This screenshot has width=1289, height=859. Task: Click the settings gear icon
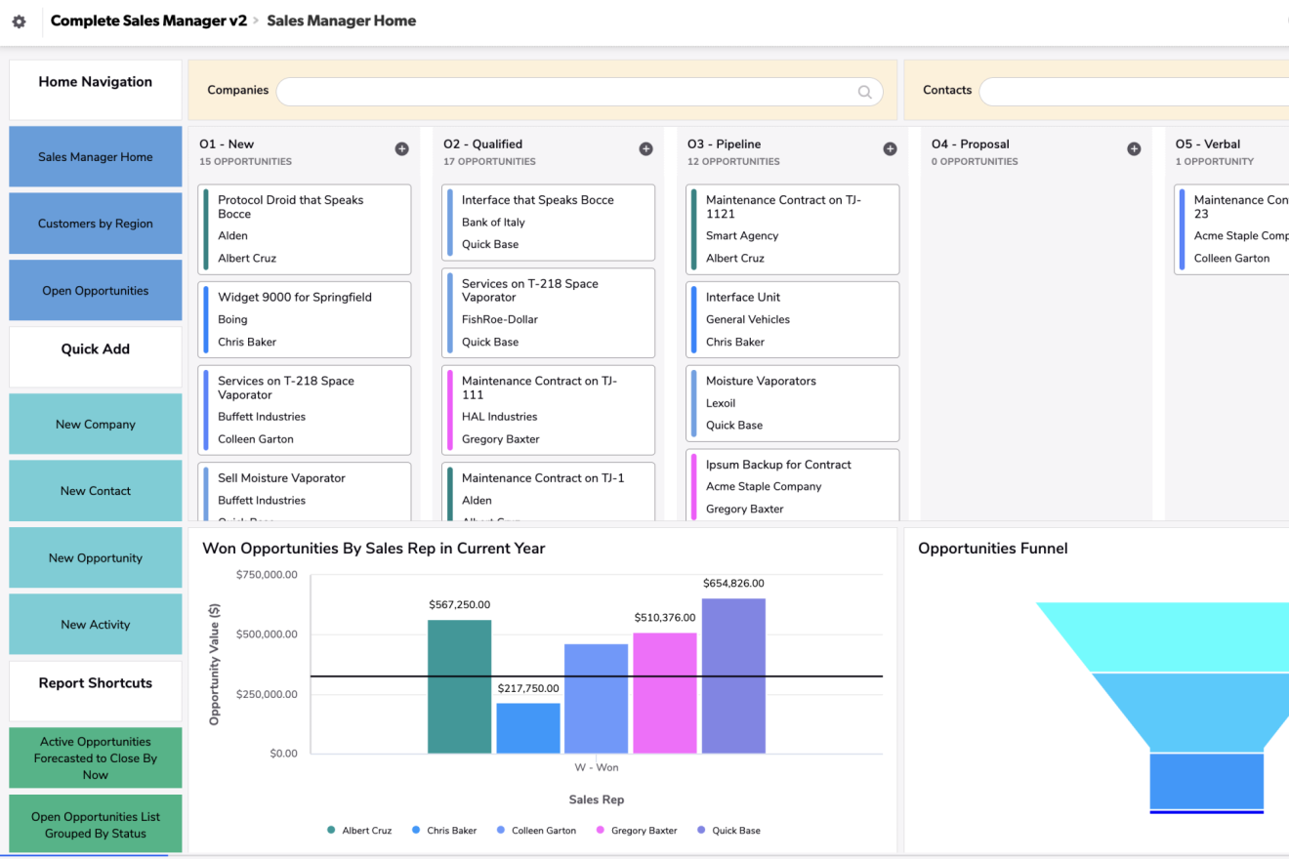tap(19, 21)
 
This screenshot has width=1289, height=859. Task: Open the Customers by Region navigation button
tap(96, 224)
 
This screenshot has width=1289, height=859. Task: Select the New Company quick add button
tap(96, 425)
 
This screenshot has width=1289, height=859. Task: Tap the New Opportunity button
tap(96, 558)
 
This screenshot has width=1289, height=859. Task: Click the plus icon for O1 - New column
tap(401, 149)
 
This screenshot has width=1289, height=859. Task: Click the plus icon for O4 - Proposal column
tap(1134, 149)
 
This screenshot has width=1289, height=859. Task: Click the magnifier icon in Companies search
tap(864, 92)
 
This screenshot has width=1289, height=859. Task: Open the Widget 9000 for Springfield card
tap(304, 319)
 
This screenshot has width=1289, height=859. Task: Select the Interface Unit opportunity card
tap(792, 319)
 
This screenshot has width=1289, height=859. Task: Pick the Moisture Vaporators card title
tap(761, 381)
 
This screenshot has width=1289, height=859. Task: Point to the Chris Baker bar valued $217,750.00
tap(527, 728)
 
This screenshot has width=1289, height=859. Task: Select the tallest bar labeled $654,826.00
tap(733, 675)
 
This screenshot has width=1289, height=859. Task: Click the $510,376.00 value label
tap(664, 618)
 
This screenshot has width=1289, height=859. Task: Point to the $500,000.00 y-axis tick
tap(267, 634)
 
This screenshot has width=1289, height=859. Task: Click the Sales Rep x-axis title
tap(597, 799)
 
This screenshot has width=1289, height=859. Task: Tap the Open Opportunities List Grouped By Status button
tap(96, 825)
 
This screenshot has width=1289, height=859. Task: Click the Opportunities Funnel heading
tap(992, 549)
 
